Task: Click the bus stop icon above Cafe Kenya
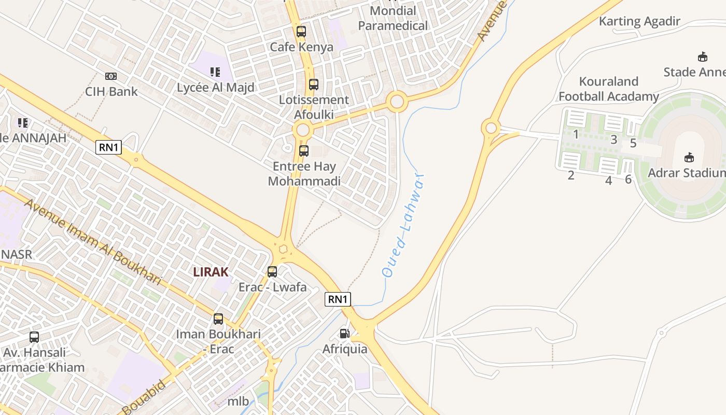(x=301, y=32)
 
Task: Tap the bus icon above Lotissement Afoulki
(x=314, y=85)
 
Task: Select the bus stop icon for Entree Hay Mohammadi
(x=304, y=151)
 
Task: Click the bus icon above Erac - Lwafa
(x=272, y=272)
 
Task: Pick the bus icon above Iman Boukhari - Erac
(x=218, y=319)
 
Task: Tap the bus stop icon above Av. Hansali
(x=34, y=337)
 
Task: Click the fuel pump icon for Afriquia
(x=345, y=334)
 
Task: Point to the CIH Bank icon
(x=111, y=76)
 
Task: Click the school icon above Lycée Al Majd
(x=215, y=72)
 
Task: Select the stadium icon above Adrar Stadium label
(x=689, y=157)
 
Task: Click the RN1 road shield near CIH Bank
(x=109, y=147)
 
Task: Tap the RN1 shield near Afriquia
(x=338, y=299)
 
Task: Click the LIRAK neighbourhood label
(x=211, y=271)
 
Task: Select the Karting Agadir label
(x=639, y=21)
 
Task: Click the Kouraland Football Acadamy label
(x=609, y=89)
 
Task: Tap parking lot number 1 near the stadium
(x=576, y=134)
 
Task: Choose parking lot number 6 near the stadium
(x=629, y=179)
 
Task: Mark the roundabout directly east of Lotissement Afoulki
(x=397, y=101)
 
